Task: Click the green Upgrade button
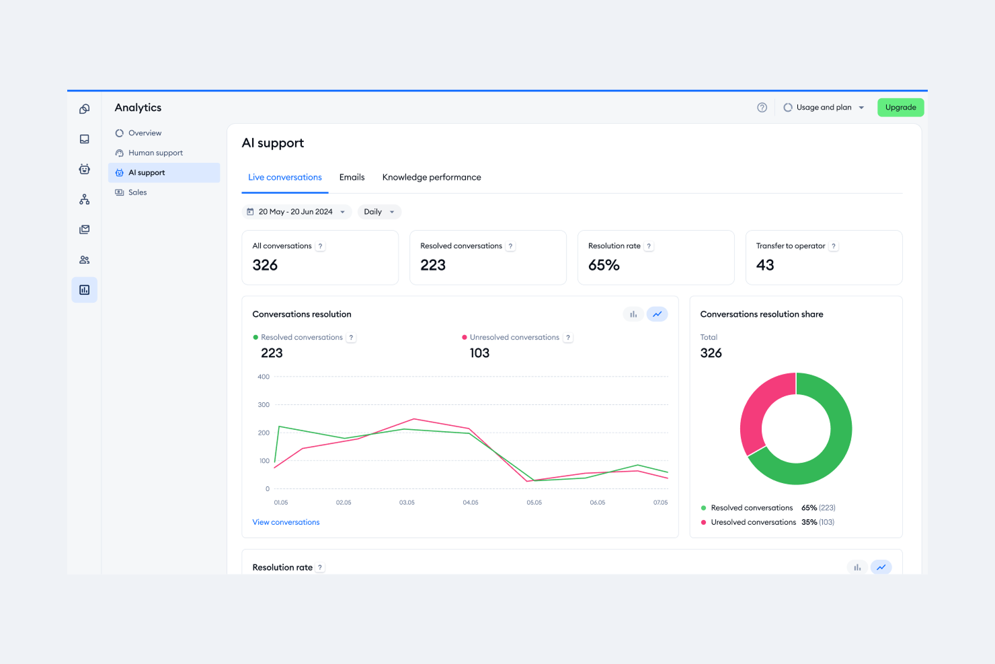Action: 900,108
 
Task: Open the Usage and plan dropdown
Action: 824,108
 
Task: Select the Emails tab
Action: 352,178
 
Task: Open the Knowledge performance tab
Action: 432,178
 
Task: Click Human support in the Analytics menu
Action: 155,153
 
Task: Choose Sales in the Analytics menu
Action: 137,192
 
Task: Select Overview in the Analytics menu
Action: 145,133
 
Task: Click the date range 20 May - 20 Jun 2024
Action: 296,212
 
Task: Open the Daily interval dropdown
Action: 379,212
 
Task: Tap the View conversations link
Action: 286,522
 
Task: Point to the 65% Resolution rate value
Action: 604,266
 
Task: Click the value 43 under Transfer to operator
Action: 765,266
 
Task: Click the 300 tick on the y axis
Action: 264,405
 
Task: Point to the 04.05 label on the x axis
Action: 471,503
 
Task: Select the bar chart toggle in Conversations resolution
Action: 633,314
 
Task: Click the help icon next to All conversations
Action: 321,246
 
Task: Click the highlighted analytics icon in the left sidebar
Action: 85,290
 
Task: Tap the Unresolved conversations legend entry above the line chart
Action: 514,338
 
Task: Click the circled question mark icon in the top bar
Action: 762,108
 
